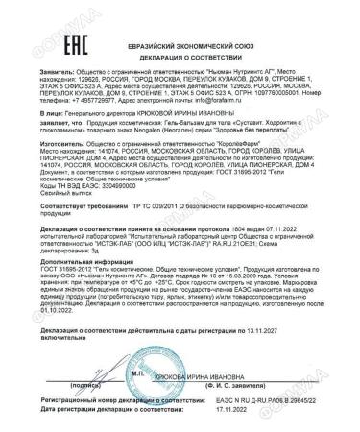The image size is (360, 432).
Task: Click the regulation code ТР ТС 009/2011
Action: click(138, 232)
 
